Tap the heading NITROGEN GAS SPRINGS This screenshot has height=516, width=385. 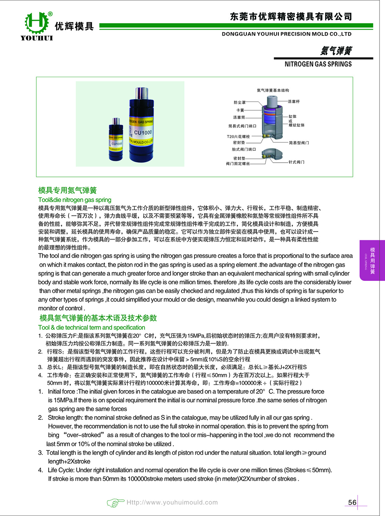pos(318,64)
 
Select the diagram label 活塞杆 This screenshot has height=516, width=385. pos(294,101)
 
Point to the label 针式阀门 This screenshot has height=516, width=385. pos(296,162)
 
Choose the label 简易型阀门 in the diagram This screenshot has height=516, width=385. pos(299,142)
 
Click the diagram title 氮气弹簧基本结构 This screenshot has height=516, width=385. pos(272,90)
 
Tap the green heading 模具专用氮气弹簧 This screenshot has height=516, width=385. pos(68,190)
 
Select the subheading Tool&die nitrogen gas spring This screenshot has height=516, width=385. pos(74,200)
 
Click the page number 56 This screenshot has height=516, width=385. pos(352,502)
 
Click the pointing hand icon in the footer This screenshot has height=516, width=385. pos(115,502)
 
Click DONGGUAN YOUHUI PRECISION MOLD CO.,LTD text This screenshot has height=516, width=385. pos(287,33)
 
